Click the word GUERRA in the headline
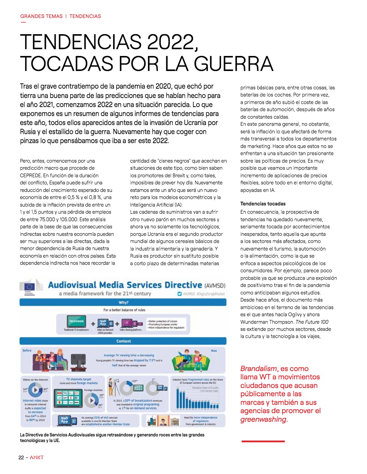(x=233, y=63)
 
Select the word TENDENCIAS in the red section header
(x=85, y=16)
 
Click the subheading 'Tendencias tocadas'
(x=263, y=204)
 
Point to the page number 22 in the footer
(x=21, y=457)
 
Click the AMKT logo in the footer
(x=37, y=457)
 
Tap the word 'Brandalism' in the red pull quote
(x=259, y=368)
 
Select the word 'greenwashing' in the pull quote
(x=263, y=419)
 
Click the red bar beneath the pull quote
(x=263, y=441)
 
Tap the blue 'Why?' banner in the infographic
(x=123, y=302)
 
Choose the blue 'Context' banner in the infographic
(x=123, y=341)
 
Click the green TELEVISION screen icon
(x=76, y=322)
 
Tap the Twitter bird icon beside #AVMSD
(x=180, y=294)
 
